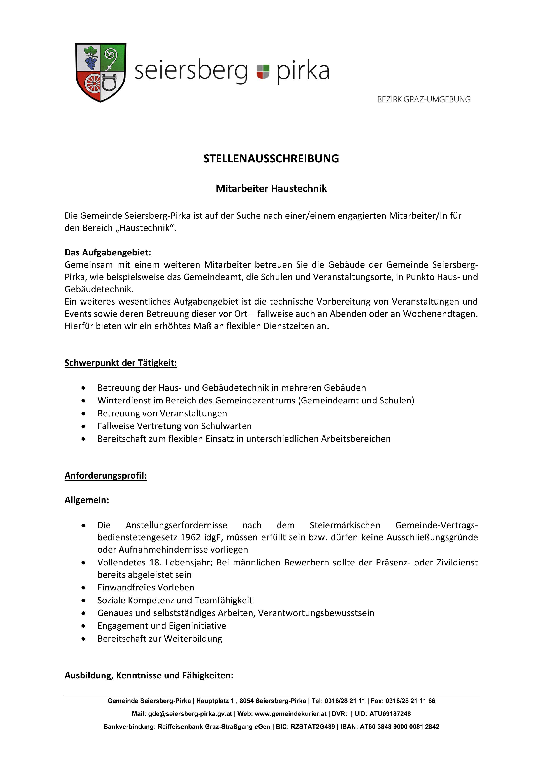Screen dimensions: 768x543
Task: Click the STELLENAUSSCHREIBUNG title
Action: click(x=271, y=159)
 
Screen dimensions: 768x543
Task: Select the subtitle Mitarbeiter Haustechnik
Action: click(x=271, y=189)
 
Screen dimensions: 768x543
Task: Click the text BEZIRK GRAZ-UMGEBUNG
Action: click(x=424, y=100)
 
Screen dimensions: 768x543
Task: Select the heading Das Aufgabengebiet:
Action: click(x=108, y=253)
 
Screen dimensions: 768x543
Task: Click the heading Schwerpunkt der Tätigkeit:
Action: click(x=121, y=363)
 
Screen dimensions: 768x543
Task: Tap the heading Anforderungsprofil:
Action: click(x=106, y=476)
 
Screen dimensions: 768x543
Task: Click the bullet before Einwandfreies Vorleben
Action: click(x=83, y=588)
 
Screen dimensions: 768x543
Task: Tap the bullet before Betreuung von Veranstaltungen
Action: click(x=83, y=414)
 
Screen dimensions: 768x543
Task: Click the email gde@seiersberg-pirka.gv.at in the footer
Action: click(x=190, y=714)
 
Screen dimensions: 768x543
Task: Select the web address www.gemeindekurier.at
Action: click(x=291, y=714)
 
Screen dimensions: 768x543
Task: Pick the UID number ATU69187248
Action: click(x=390, y=714)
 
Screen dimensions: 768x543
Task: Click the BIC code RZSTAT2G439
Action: click(x=313, y=727)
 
